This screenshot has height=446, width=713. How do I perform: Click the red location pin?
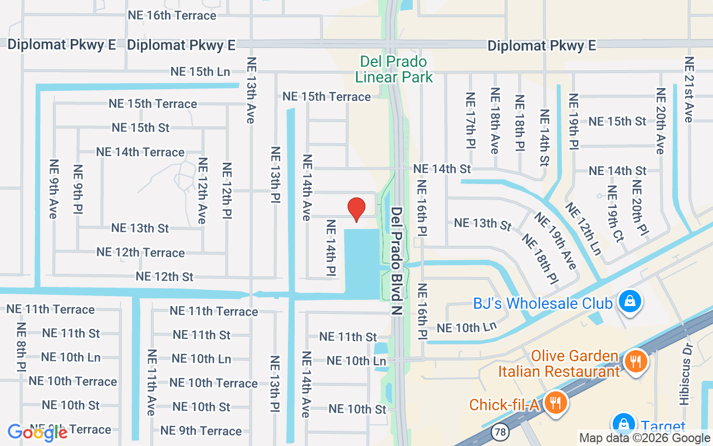click(x=356, y=210)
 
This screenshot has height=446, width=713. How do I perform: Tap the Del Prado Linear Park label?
click(x=394, y=69)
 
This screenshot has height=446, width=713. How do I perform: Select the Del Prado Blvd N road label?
click(x=396, y=261)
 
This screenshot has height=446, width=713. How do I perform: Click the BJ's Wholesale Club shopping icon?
click(x=629, y=302)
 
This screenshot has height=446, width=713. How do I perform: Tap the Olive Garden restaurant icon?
click(x=635, y=361)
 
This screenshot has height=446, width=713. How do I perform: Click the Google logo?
click(x=37, y=433)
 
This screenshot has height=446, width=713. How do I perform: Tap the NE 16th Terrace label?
click(x=172, y=15)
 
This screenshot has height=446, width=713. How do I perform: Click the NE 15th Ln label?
click(x=200, y=72)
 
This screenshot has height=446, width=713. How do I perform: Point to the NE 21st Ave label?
click(x=688, y=90)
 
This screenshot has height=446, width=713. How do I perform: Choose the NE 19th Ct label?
click(x=616, y=214)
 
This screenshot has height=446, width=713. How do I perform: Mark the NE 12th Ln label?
click(x=583, y=229)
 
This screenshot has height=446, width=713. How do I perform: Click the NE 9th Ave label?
click(x=53, y=189)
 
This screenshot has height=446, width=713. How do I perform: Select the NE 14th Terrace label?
click(x=140, y=152)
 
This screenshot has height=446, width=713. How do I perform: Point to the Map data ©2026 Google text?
click(x=644, y=438)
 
